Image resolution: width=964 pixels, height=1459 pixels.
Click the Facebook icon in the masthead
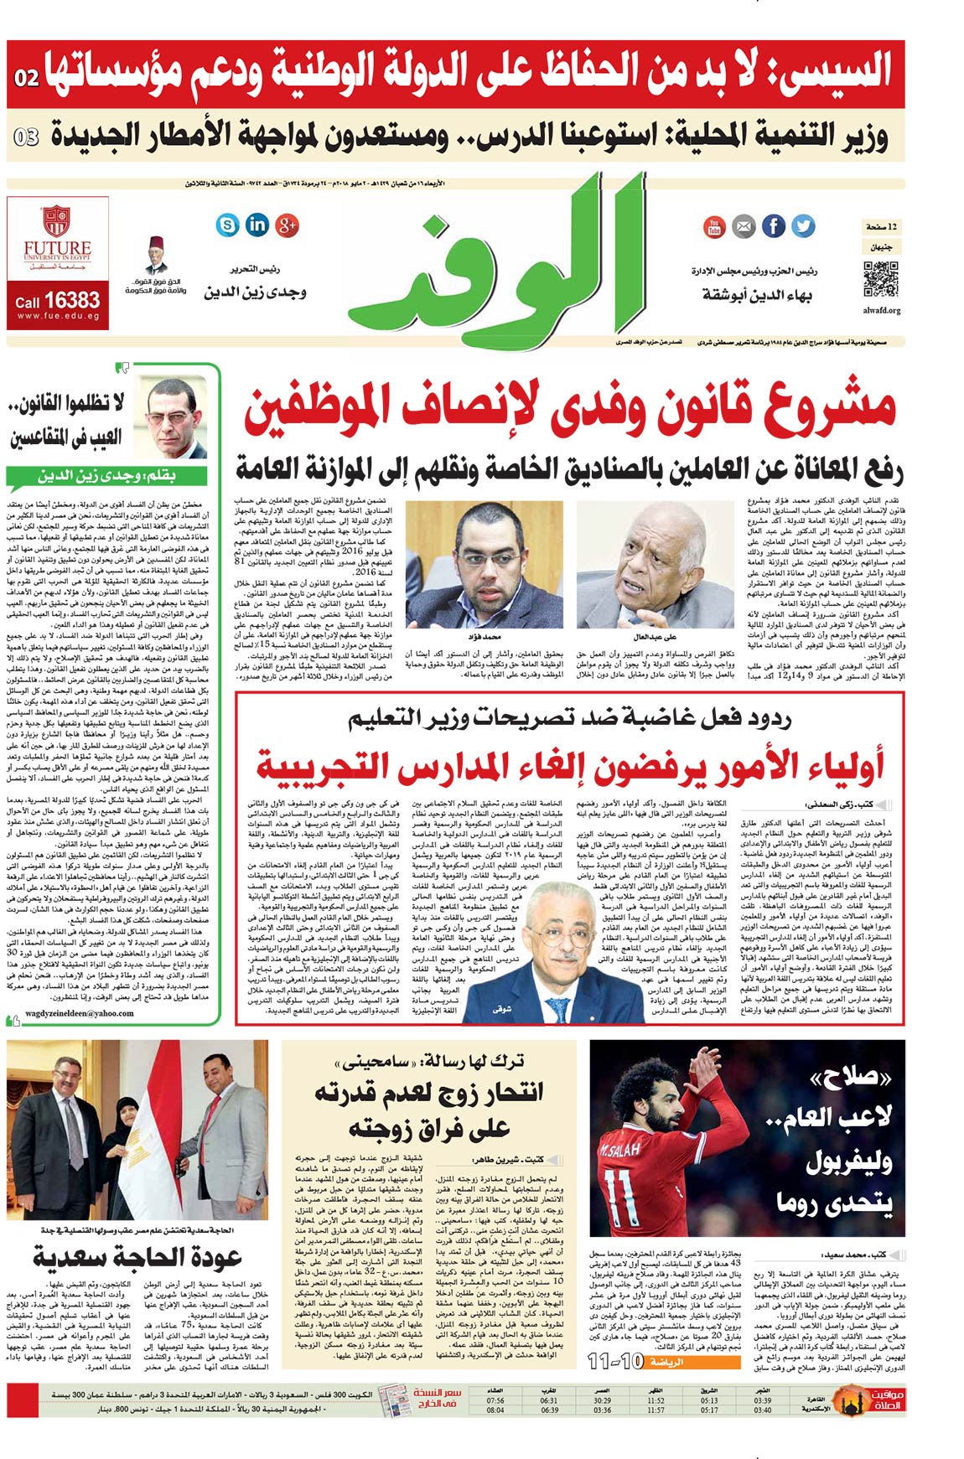[x=773, y=225]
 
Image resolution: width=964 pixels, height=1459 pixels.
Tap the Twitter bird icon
[x=802, y=225]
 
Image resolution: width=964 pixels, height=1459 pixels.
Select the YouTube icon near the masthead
[x=714, y=225]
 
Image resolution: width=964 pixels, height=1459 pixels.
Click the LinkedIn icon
[x=257, y=224]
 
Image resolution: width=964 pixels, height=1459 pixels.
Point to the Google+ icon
[x=288, y=224]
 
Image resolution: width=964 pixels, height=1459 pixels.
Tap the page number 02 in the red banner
[x=27, y=77]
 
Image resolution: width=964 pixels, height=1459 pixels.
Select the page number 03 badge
[x=27, y=137]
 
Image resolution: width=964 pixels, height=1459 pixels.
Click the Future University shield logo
[x=56, y=220]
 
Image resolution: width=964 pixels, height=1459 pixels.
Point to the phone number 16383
[x=71, y=300]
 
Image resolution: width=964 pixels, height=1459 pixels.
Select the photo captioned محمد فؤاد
[x=484, y=563]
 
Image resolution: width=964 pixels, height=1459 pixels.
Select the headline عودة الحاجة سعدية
[x=137, y=1257]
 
